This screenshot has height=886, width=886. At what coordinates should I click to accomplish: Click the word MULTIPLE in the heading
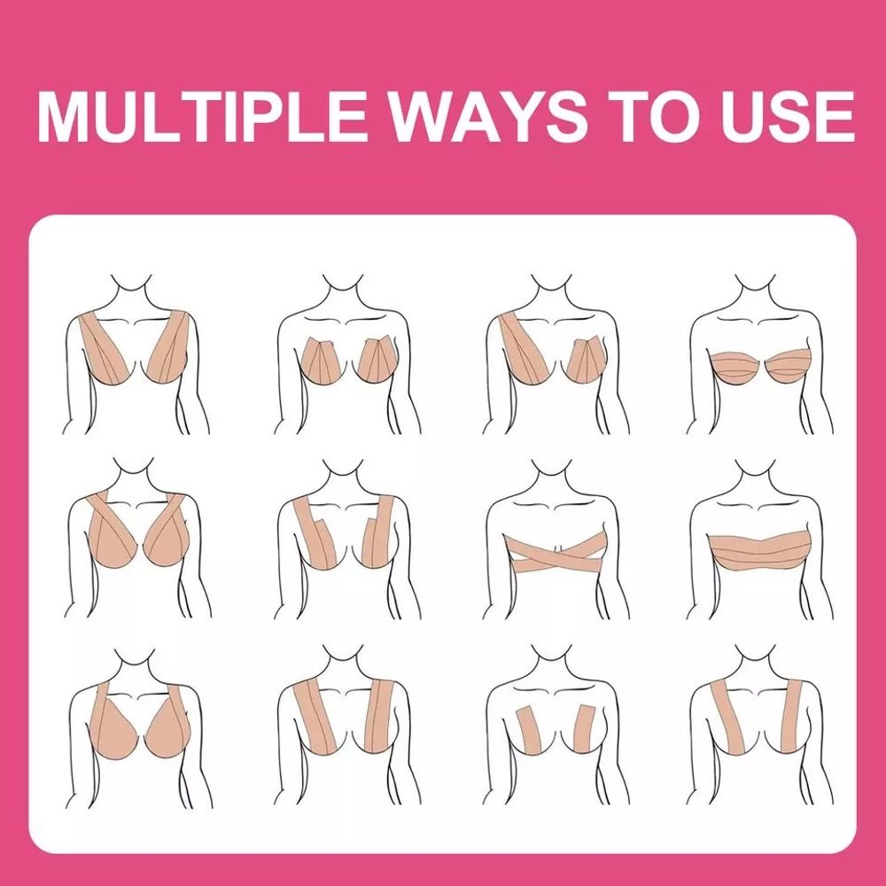pos(202,116)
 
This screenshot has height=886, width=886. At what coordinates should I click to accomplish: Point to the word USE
pos(783,116)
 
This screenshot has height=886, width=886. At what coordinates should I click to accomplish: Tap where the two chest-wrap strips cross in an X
pos(557,553)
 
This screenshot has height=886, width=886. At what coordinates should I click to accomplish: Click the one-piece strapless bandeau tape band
pos(760,548)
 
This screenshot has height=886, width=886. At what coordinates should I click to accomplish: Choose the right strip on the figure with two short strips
pos(584,729)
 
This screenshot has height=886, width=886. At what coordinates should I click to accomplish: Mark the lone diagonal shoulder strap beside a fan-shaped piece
pos(523,348)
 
